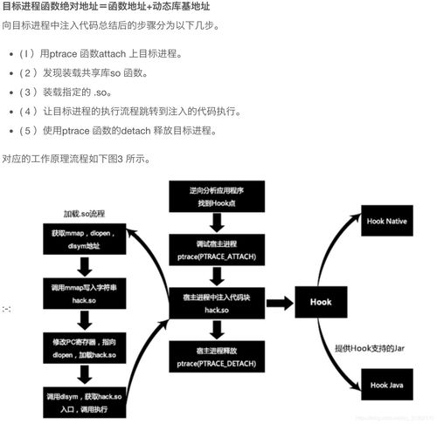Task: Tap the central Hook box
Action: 320,302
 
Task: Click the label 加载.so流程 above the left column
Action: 83,213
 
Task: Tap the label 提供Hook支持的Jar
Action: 371,347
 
